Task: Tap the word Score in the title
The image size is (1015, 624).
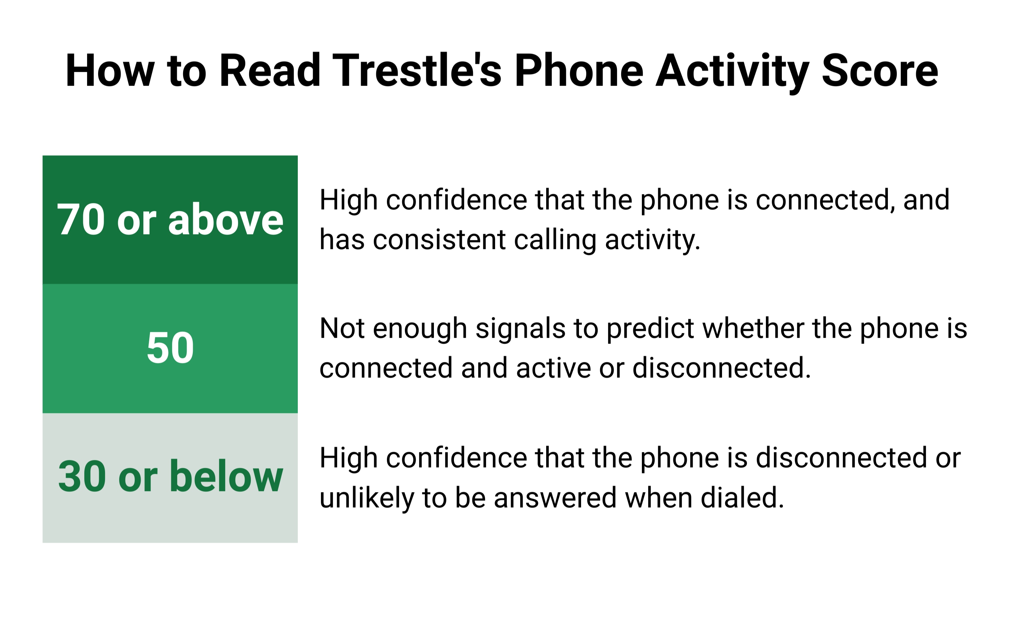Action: click(880, 71)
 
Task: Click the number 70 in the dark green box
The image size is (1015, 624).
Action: click(81, 220)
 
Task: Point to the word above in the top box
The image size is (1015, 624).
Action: click(226, 220)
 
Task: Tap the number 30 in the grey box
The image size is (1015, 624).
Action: click(82, 477)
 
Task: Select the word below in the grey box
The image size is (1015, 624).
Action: click(226, 477)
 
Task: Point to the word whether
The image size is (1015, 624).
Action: click(753, 329)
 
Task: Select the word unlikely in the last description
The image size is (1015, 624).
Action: click(367, 498)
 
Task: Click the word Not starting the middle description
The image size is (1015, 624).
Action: click(342, 329)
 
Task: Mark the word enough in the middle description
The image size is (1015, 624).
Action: click(420, 329)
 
